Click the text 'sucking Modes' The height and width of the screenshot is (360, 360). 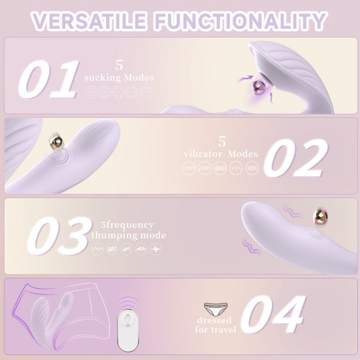coord(119,78)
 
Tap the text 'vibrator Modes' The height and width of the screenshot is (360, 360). coord(221,154)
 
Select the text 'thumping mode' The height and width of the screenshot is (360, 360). coord(128,235)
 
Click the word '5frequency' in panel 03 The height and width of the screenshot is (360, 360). coord(128,225)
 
